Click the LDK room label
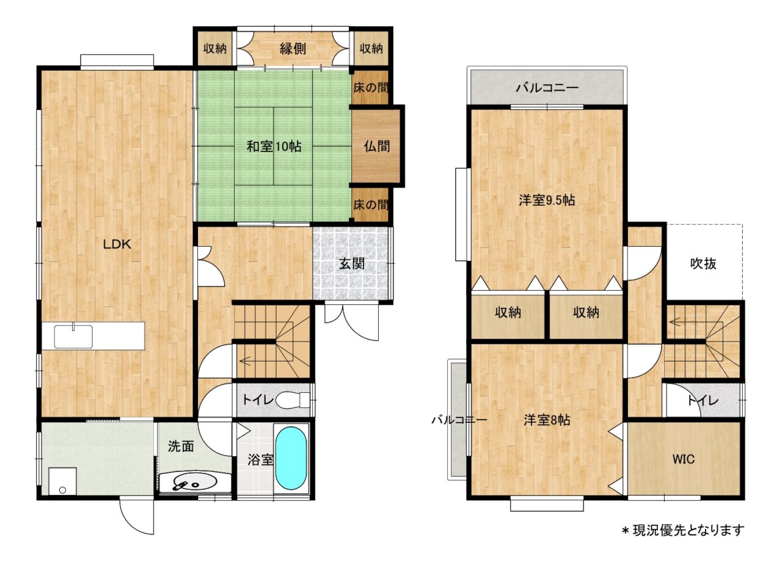pos(117,244)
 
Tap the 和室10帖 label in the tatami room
pos(274,146)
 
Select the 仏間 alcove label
pos(377,146)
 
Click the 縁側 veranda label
pos(293,49)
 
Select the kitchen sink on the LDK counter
pos(73,337)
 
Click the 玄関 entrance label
pos(352,264)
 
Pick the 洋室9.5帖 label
pos(547,200)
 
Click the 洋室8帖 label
pos(547,420)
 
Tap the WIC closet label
pos(684,459)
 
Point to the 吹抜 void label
pos(703,263)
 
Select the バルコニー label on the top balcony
pos(547,87)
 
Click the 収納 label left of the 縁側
pos(215,48)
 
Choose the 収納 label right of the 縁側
pos(371,48)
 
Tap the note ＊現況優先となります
pos(683,531)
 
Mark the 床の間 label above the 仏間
pos(370,87)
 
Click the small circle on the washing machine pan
pos(62,490)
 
